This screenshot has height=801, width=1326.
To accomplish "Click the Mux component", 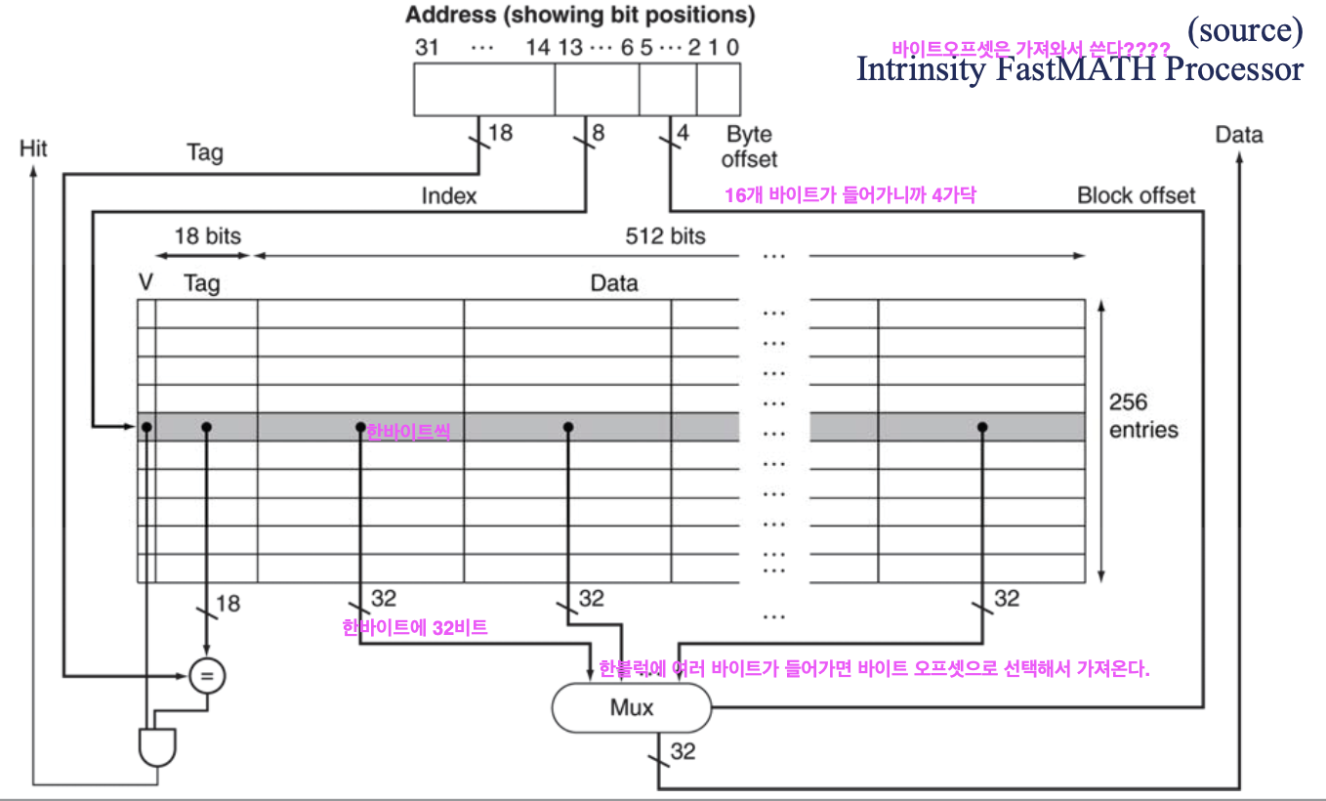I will (x=632, y=707).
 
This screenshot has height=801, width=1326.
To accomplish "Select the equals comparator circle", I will (x=206, y=675).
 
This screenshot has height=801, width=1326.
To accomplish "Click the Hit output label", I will (x=33, y=148).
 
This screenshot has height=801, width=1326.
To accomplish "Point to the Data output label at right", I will (x=1239, y=135).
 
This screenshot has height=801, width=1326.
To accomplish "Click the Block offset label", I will (x=1136, y=195).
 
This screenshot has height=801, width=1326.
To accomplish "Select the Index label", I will (x=449, y=196).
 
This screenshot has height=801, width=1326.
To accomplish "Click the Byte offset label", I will (x=750, y=146).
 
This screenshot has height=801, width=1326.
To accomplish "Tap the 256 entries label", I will (x=1142, y=416).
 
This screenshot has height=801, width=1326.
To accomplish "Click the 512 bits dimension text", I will (x=665, y=235).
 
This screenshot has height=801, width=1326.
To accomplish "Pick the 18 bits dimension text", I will (x=207, y=235).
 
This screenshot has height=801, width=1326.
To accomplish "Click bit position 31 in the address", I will (x=427, y=47).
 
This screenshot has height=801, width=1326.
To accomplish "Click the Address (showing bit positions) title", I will (x=580, y=16).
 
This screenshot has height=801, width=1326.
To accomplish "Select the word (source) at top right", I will (x=1244, y=31).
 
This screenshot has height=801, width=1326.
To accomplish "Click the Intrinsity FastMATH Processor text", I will (x=1079, y=68).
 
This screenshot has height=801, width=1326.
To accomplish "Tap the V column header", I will (x=146, y=283).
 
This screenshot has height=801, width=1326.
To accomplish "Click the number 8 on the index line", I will (x=598, y=133).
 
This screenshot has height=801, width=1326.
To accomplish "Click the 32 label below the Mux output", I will (x=684, y=750).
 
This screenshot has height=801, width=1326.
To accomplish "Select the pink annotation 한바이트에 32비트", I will (x=415, y=628).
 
